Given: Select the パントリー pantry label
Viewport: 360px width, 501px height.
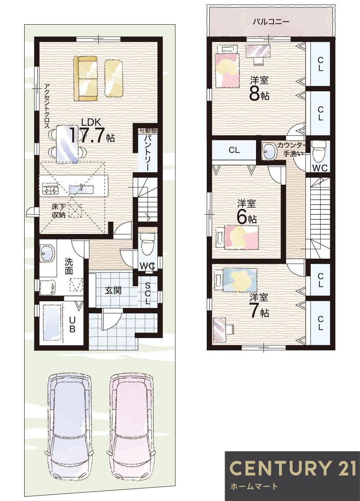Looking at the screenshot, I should (147, 153).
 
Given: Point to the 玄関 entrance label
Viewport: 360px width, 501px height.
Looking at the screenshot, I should (113, 290).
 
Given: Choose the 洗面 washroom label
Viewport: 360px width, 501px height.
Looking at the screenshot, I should (69, 267).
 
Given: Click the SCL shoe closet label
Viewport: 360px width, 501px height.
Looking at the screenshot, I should (148, 293).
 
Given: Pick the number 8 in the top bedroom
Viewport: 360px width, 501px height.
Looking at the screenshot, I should (254, 94).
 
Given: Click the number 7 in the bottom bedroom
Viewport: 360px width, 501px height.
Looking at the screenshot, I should (254, 312).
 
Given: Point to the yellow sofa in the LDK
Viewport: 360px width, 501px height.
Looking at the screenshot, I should (86, 78).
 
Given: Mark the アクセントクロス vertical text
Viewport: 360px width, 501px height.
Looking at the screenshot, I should (47, 106).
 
